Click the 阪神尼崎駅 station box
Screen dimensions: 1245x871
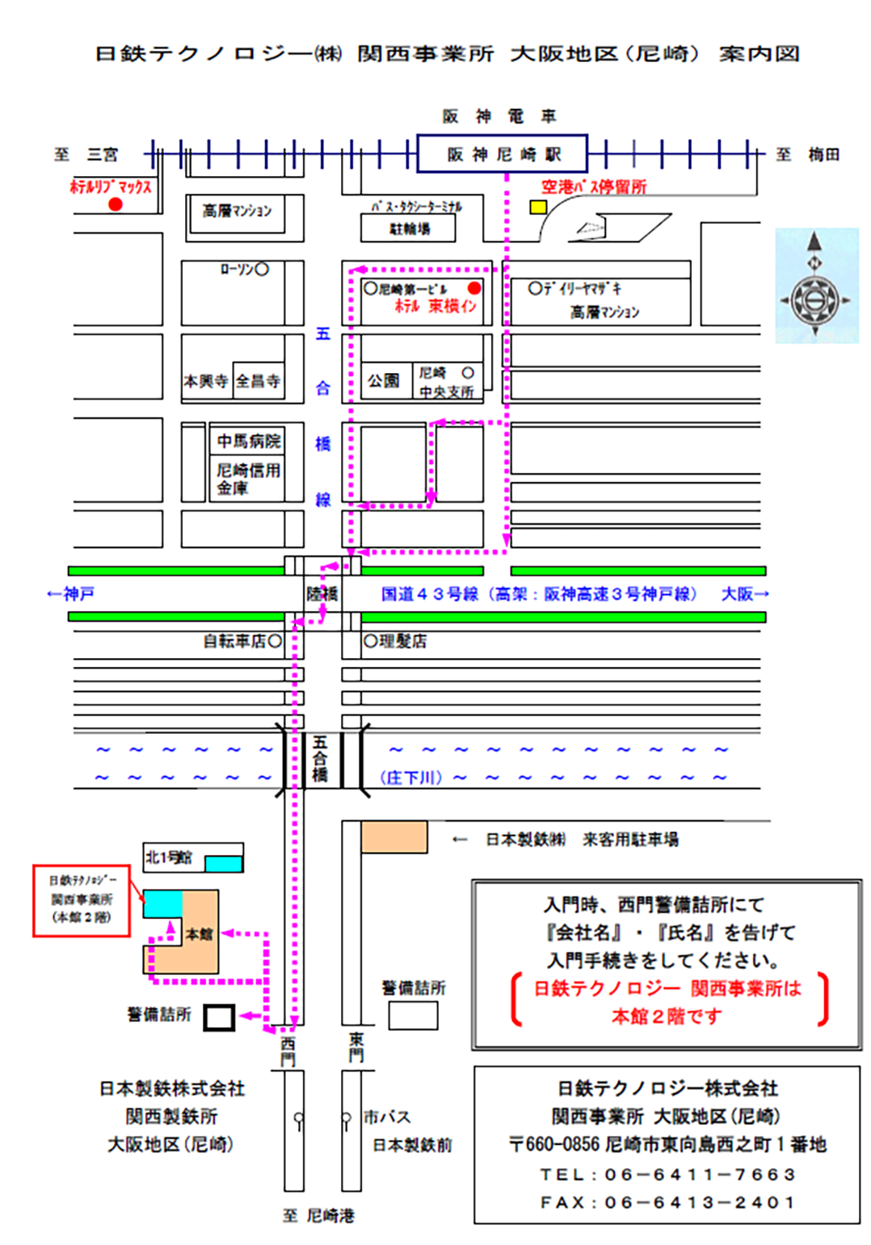pos(502,153)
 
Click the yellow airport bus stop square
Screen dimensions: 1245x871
pos(537,207)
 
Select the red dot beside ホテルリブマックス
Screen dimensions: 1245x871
pos(116,204)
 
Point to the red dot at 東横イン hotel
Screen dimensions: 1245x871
pos(474,288)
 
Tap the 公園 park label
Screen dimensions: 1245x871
pos(384,380)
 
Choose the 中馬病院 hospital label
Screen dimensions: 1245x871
pos(249,441)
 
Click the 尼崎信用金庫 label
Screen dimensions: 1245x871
pos(247,478)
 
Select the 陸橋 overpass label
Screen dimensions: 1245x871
pos(322,594)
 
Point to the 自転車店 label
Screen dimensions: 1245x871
pos(235,641)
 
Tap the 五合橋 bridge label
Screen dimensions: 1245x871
pos(321,759)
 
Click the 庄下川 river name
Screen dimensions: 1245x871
pos(411,778)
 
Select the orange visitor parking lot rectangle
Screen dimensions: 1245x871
pos(394,836)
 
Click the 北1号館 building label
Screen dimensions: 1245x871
pos(169,857)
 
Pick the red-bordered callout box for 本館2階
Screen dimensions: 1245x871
pos(81,900)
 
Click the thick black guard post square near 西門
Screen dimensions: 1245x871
pos(218,1017)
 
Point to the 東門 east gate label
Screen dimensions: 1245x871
pos(356,1047)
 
